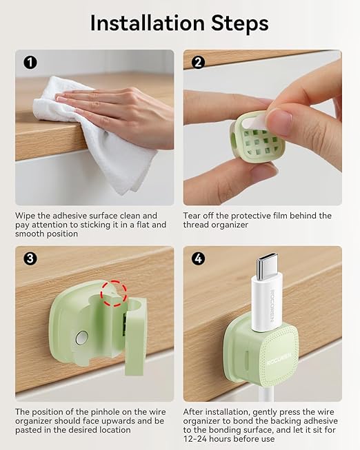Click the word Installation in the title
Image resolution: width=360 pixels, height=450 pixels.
(x=147, y=23)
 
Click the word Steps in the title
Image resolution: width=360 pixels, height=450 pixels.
(x=240, y=23)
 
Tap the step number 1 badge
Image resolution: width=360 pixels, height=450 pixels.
(x=30, y=62)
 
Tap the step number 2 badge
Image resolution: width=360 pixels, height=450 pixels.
(x=198, y=62)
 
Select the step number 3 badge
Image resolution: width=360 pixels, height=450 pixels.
(x=30, y=258)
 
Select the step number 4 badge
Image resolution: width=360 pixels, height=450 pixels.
(x=198, y=258)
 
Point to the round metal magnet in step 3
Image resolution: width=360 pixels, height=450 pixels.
(x=82, y=338)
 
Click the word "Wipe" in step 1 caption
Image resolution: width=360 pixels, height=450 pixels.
(x=25, y=216)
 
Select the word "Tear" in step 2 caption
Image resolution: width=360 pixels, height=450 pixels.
(x=192, y=216)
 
